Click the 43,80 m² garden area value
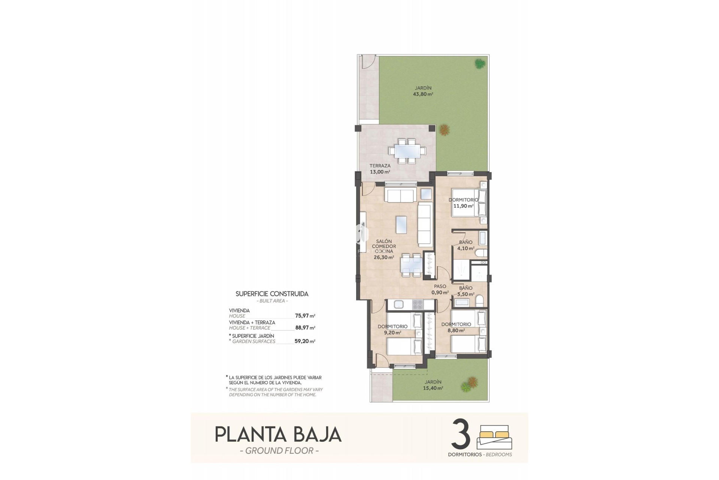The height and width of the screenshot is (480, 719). (423, 94)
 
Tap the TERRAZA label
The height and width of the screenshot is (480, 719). (380, 166)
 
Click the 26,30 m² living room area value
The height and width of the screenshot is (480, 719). (384, 257)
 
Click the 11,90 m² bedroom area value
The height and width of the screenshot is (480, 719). (463, 206)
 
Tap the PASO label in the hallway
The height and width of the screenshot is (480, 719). (440, 286)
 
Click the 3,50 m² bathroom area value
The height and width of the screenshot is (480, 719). (466, 294)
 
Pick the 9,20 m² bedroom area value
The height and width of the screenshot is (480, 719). (392, 333)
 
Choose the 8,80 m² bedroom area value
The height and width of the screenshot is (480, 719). (456, 330)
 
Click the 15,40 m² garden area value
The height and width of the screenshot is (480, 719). (433, 388)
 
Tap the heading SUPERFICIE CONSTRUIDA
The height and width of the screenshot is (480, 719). (272, 294)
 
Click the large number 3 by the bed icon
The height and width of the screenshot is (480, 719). (461, 434)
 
